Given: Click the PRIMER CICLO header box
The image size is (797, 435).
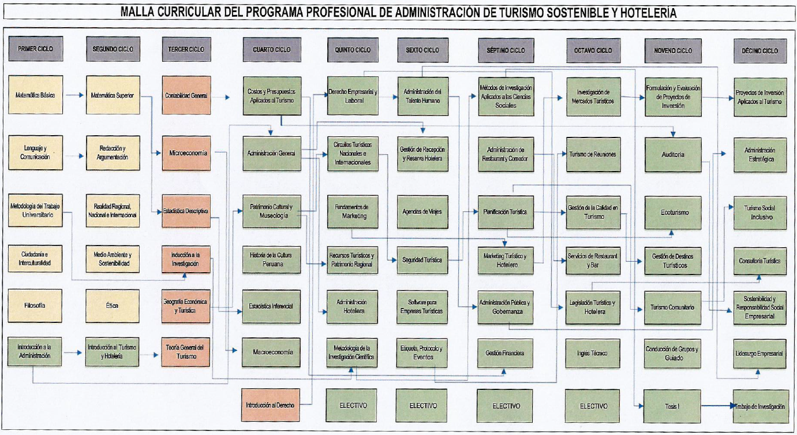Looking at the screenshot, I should (x=35, y=49).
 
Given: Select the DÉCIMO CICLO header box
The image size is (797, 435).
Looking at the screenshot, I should (x=759, y=51).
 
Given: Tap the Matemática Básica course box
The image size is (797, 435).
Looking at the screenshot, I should (x=35, y=95).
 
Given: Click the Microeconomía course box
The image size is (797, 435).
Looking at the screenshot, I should (x=186, y=153).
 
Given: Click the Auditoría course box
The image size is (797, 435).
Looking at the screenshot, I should (x=673, y=155).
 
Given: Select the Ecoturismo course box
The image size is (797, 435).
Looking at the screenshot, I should (x=673, y=213).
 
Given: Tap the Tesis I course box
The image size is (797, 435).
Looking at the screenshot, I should (x=673, y=406).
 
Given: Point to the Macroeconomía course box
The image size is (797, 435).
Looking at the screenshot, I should (x=272, y=352).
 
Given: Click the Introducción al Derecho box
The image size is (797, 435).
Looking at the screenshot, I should (x=270, y=405).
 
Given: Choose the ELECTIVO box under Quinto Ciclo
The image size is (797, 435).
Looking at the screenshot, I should (x=354, y=406).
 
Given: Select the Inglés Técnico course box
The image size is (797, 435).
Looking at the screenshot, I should (x=592, y=354).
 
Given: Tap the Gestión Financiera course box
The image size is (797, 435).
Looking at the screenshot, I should (x=505, y=353).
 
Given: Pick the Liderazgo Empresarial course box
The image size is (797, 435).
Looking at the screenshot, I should (x=759, y=354).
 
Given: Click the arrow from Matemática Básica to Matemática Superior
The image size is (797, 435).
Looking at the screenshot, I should (x=74, y=95).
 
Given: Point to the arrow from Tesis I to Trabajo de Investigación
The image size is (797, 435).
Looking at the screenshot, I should (x=717, y=407).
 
